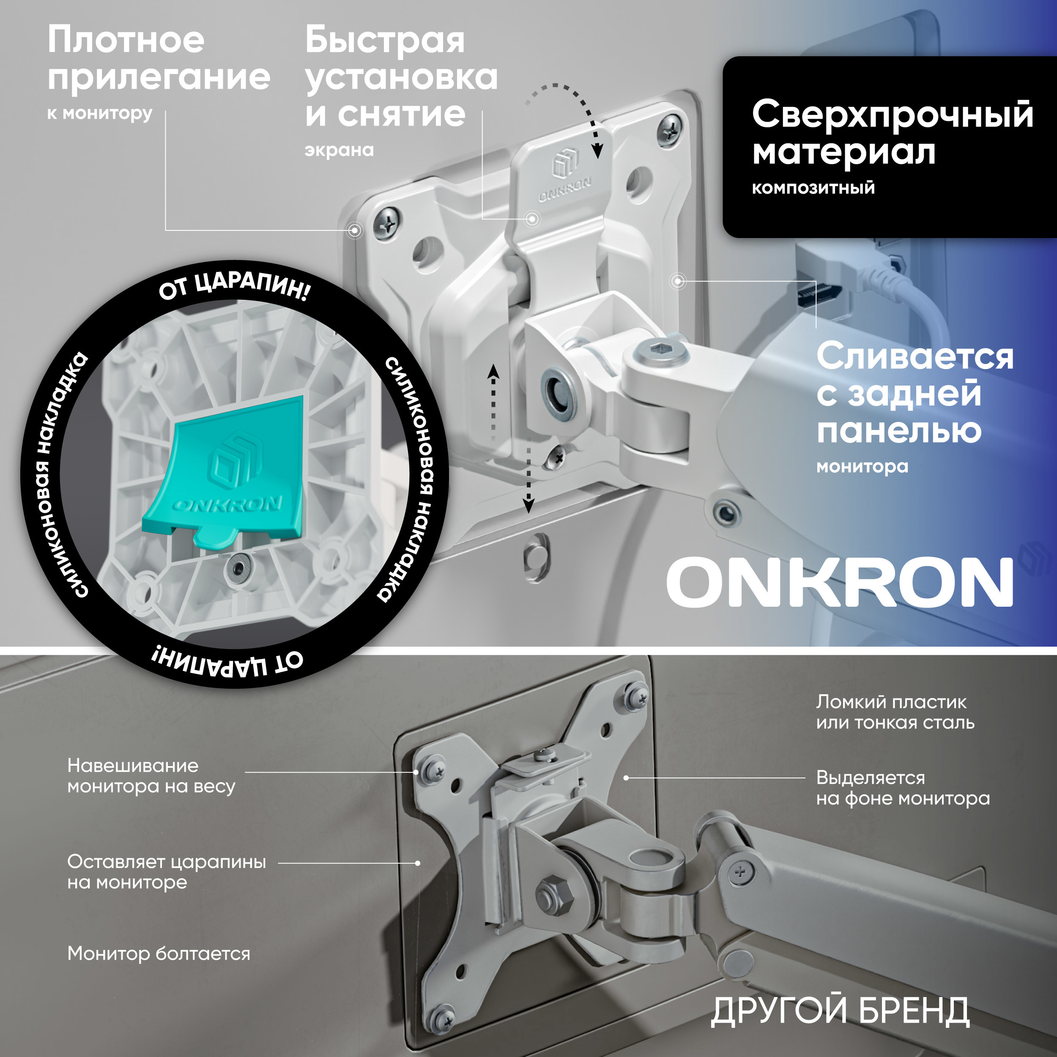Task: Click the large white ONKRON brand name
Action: [x=839, y=583]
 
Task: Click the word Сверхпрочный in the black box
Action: [x=892, y=115]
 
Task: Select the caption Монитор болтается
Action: [x=159, y=953]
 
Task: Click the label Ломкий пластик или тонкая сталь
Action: [x=895, y=712]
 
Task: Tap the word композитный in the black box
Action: [x=813, y=188]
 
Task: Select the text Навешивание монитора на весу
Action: [x=151, y=776]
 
